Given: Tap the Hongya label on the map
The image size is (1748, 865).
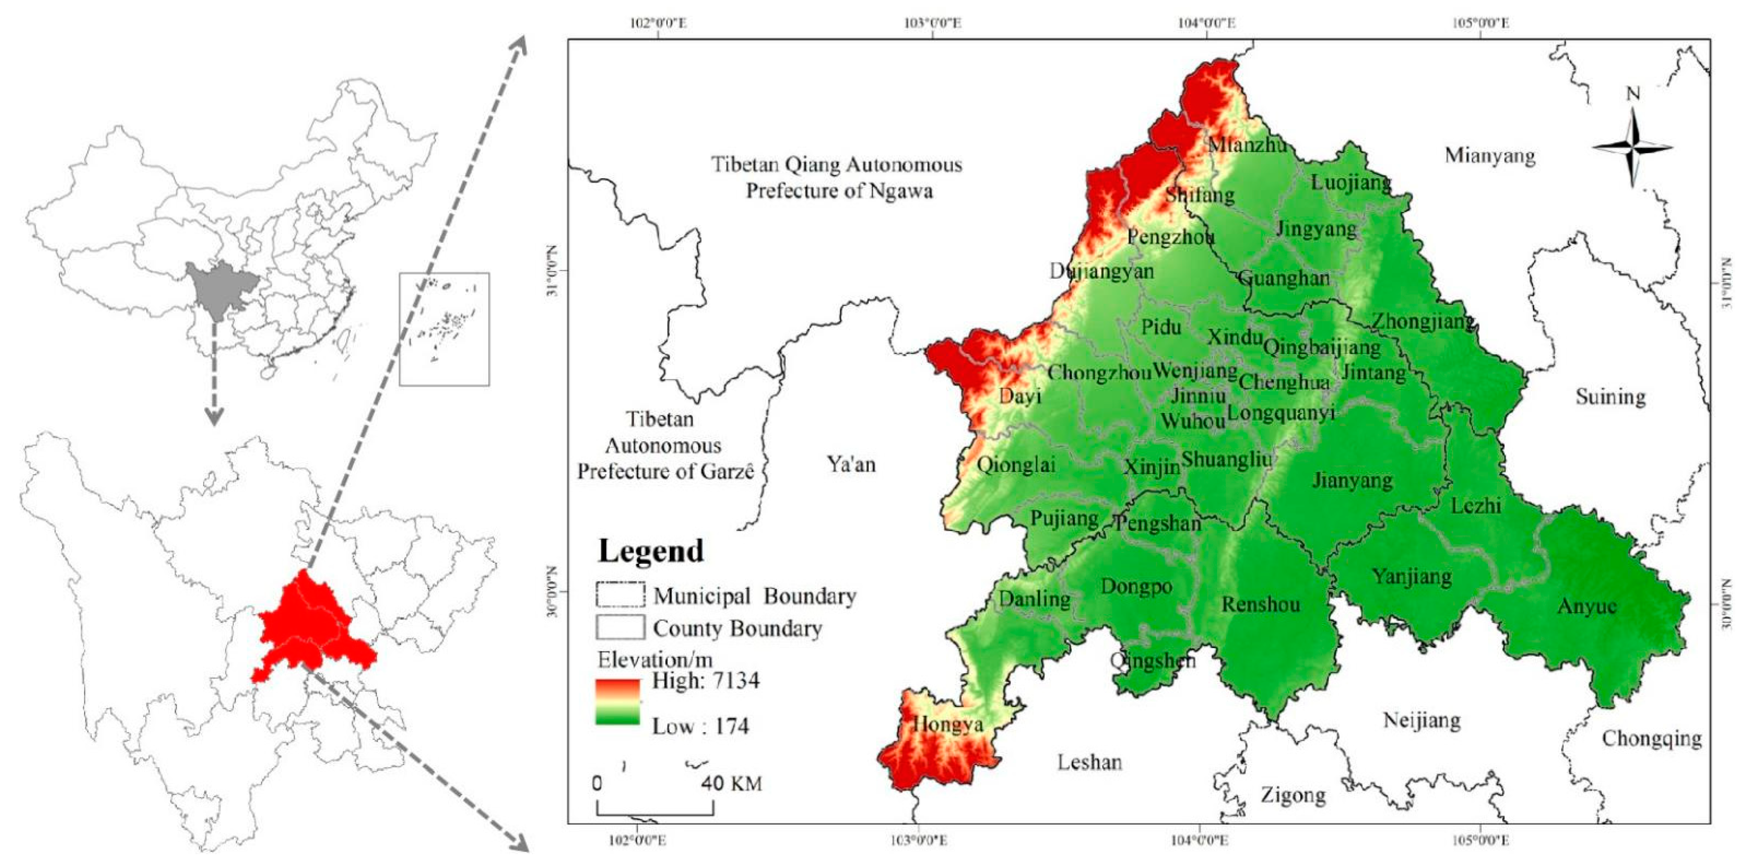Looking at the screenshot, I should (948, 724).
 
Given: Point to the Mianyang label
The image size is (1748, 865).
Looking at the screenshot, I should (1490, 155).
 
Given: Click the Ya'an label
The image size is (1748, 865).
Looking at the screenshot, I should (851, 465).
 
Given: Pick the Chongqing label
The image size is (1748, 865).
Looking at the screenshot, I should (1651, 738).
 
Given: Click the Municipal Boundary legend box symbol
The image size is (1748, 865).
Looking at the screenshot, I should (620, 594).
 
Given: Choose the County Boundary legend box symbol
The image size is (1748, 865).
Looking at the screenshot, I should (620, 627).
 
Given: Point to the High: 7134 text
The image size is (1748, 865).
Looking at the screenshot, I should (706, 680).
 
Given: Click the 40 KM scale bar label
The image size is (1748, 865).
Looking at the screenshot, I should (731, 784).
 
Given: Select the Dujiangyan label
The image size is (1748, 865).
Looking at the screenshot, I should (1102, 272).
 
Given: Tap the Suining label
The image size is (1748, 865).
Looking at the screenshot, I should (1610, 397).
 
